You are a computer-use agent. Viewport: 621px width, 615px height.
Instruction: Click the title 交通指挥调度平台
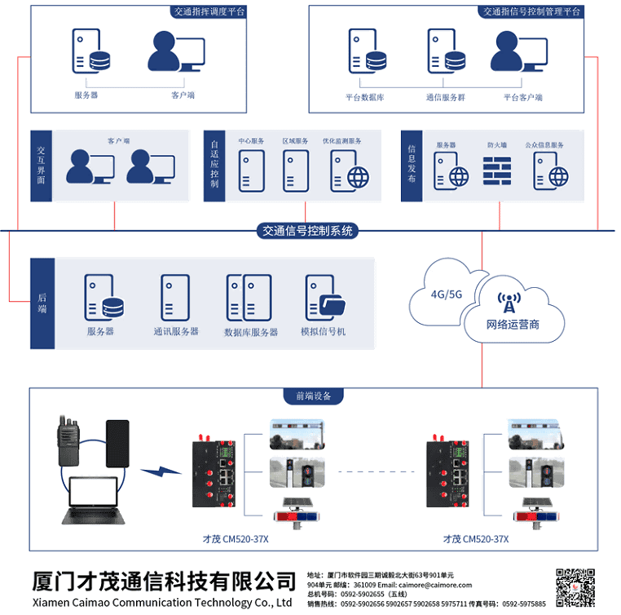pos(209,11)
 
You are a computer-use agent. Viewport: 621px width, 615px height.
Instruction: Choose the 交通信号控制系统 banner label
pos(306,231)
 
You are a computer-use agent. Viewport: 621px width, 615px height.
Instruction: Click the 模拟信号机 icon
pos(324,298)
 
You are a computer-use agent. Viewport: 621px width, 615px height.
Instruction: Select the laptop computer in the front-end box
pos(92,499)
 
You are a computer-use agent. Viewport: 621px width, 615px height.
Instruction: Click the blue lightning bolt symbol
pos(160,471)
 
